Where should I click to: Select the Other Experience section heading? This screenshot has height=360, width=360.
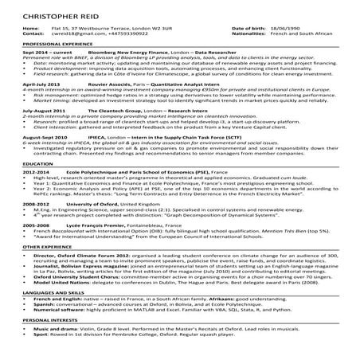(x=28, y=247)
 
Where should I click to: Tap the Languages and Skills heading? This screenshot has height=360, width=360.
(x=34, y=292)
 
